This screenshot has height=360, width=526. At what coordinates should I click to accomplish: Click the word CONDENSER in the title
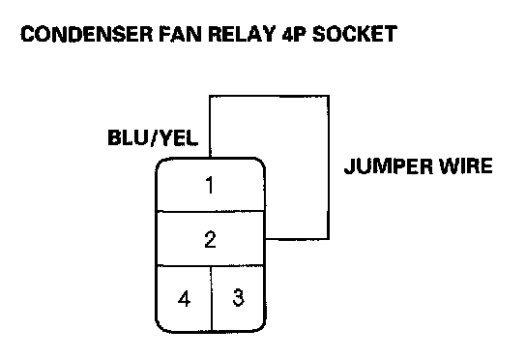pyautogui.click(x=87, y=34)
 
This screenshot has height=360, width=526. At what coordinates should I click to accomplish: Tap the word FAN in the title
pyautogui.click(x=181, y=34)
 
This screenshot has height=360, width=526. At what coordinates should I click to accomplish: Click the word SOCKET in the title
pyautogui.click(x=355, y=34)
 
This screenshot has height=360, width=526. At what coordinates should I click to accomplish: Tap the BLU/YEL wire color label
pyautogui.click(x=153, y=137)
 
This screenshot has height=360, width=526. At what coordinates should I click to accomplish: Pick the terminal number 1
pyautogui.click(x=210, y=185)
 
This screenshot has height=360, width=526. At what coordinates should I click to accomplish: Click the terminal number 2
pyautogui.click(x=211, y=239)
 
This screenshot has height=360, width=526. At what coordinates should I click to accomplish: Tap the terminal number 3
pyautogui.click(x=238, y=297)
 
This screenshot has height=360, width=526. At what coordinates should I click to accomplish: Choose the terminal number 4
pyautogui.click(x=184, y=298)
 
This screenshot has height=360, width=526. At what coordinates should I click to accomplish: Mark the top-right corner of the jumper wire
pyautogui.click(x=329, y=97)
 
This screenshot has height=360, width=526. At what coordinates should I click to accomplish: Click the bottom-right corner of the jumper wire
pyautogui.click(x=329, y=239)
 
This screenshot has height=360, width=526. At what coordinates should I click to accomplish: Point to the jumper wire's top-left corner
pyautogui.click(x=210, y=97)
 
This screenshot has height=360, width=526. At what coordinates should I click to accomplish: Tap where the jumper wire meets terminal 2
pyautogui.click(x=265, y=239)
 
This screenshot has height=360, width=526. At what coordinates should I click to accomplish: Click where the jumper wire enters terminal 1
pyautogui.click(x=210, y=158)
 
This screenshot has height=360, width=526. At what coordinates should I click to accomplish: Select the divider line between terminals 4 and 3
pyautogui.click(x=212, y=298)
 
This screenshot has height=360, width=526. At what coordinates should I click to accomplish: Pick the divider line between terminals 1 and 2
pyautogui.click(x=211, y=211)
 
